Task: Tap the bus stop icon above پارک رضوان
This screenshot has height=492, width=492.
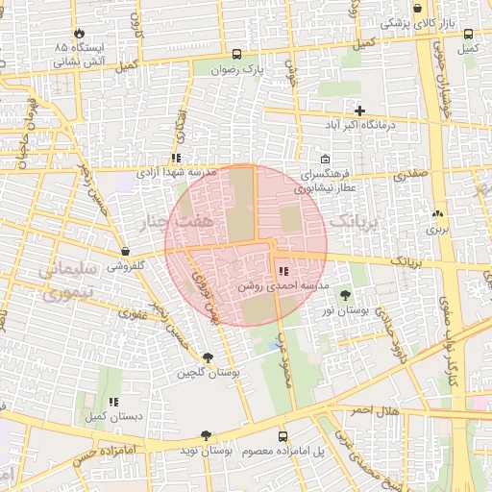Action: (x=236, y=54)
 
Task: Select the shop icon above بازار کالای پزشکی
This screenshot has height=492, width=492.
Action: (x=418, y=9)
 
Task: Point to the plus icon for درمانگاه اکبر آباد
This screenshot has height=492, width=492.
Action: (x=359, y=111)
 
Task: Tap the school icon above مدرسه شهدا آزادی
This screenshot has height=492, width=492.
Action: (x=175, y=158)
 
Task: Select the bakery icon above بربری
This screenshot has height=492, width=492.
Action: (x=438, y=214)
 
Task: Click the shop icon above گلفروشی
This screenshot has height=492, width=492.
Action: (x=125, y=251)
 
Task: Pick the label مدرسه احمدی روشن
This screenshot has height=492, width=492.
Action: (x=273, y=286)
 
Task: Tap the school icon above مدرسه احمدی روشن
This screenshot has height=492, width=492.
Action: (x=282, y=273)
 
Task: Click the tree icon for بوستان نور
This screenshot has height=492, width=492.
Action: (x=344, y=294)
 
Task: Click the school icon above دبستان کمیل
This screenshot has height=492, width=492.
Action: (x=112, y=402)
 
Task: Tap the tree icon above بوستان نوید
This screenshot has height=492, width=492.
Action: (x=206, y=435)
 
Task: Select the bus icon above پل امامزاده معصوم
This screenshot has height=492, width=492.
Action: (x=282, y=436)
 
